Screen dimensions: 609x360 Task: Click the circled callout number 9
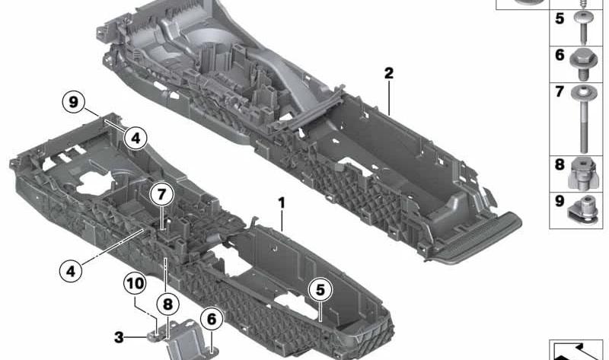73,103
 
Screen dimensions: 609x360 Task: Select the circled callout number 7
161,194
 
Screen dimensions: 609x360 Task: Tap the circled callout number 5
320,290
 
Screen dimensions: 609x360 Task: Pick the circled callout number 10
136,283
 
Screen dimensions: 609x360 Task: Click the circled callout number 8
167,304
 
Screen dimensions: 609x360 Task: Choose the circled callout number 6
212,319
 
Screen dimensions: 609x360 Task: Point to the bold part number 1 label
282,202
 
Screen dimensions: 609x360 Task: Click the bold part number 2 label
389,73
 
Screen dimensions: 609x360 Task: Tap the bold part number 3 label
119,337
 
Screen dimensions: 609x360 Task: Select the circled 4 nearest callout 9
136,139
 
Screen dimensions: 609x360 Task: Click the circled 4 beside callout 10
71,271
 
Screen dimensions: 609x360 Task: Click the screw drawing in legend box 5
582,27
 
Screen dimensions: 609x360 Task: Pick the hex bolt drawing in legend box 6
583,65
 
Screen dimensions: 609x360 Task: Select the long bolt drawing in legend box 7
584,119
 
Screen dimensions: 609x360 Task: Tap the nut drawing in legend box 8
583,174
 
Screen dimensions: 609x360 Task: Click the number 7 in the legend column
560,91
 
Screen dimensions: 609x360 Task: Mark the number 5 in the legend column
560,18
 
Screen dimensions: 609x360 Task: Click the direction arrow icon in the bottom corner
576,351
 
